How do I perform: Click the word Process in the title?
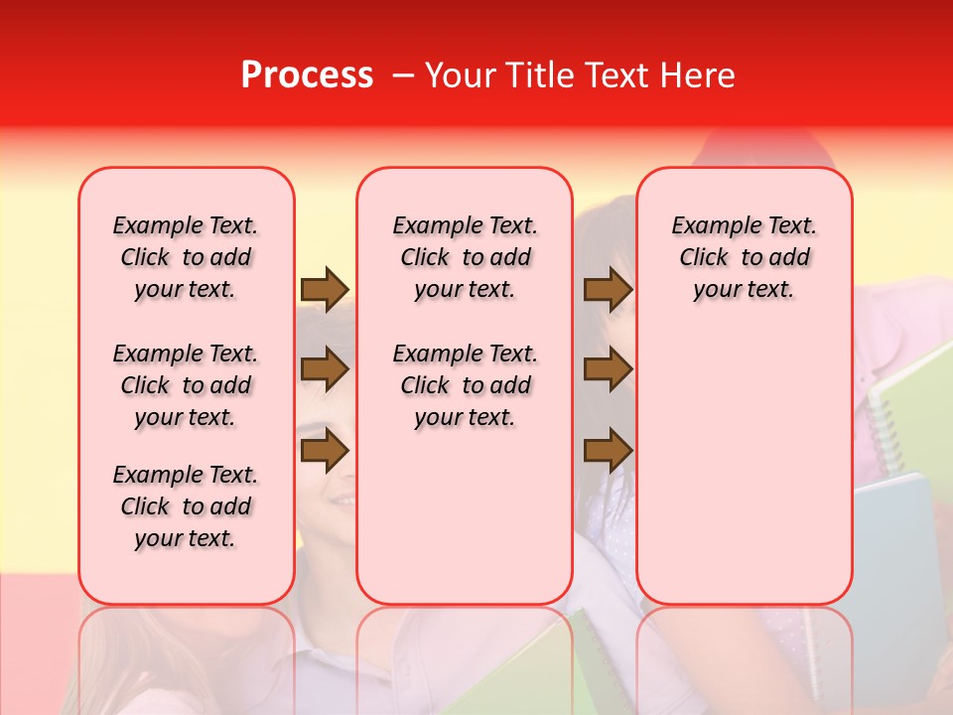[307, 75]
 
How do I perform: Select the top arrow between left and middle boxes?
[325, 289]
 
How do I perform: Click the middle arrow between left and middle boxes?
[325, 370]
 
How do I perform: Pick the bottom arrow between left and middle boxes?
[325, 451]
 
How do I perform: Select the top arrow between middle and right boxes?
[608, 289]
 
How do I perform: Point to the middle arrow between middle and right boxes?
[608, 370]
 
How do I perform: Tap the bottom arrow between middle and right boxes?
[608, 451]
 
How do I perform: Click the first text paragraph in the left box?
[186, 257]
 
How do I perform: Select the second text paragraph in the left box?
[186, 385]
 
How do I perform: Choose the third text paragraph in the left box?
[186, 506]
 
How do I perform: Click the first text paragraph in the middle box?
[465, 257]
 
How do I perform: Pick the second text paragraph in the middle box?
[465, 385]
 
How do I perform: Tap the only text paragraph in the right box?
[744, 257]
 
